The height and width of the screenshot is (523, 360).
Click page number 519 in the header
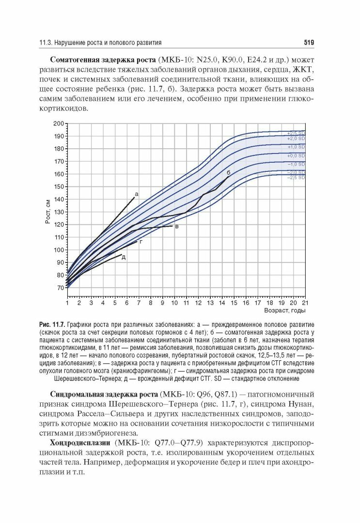tap(309, 43)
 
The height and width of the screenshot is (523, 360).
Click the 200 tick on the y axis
tap(59, 123)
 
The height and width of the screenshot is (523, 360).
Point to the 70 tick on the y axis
tap(60, 288)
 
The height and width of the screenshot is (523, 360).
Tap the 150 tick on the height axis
tap(59, 186)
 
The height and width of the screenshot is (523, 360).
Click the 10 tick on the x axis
tap(174, 303)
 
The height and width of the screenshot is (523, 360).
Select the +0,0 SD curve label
tap(296, 155)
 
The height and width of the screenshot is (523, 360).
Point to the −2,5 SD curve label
tap(296, 178)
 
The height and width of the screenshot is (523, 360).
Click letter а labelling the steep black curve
tap(136, 194)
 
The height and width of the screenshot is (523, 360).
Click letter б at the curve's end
tap(228, 172)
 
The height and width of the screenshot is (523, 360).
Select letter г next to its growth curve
tap(141, 241)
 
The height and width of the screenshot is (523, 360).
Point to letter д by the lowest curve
tap(124, 257)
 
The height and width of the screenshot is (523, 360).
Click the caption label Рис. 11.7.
tap(52, 324)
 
